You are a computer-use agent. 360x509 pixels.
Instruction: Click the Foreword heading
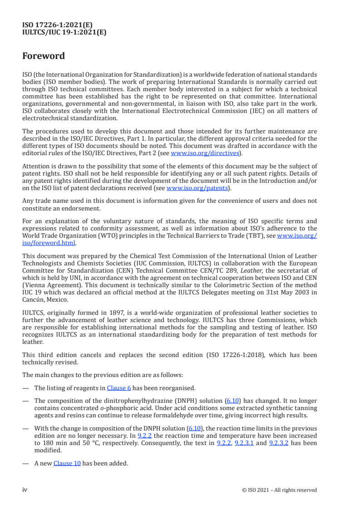coord(44,56)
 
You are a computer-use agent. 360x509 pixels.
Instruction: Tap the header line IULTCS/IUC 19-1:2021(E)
coord(64,32)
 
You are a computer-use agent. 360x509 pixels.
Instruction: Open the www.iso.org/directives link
coord(205,153)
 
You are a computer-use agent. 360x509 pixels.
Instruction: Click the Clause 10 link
coord(67,463)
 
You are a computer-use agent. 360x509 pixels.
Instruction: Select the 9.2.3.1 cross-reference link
coord(244,443)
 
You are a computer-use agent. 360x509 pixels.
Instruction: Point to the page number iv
coord(25,490)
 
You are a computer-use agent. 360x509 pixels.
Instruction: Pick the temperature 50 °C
coord(83,443)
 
